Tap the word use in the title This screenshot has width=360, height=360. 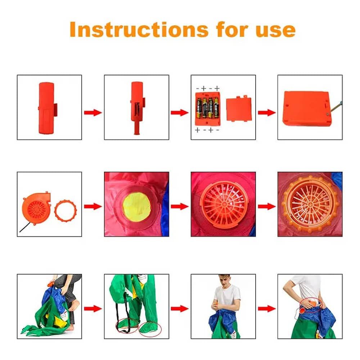point(275,30)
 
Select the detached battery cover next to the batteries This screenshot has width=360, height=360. point(239,109)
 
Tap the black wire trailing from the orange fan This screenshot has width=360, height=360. point(25,227)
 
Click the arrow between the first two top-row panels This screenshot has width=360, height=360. point(93,112)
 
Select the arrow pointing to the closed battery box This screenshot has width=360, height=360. point(266,112)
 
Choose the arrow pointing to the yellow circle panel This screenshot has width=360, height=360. point(93,206)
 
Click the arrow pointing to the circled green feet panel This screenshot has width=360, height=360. point(93,309)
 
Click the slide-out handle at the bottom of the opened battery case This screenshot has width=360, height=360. point(137,130)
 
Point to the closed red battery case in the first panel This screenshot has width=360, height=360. point(47,108)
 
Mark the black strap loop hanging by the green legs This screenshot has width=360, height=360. point(124,315)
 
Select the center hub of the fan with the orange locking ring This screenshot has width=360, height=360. point(310,204)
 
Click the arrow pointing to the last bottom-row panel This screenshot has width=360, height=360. point(266,309)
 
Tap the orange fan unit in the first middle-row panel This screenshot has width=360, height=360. point(36,208)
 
